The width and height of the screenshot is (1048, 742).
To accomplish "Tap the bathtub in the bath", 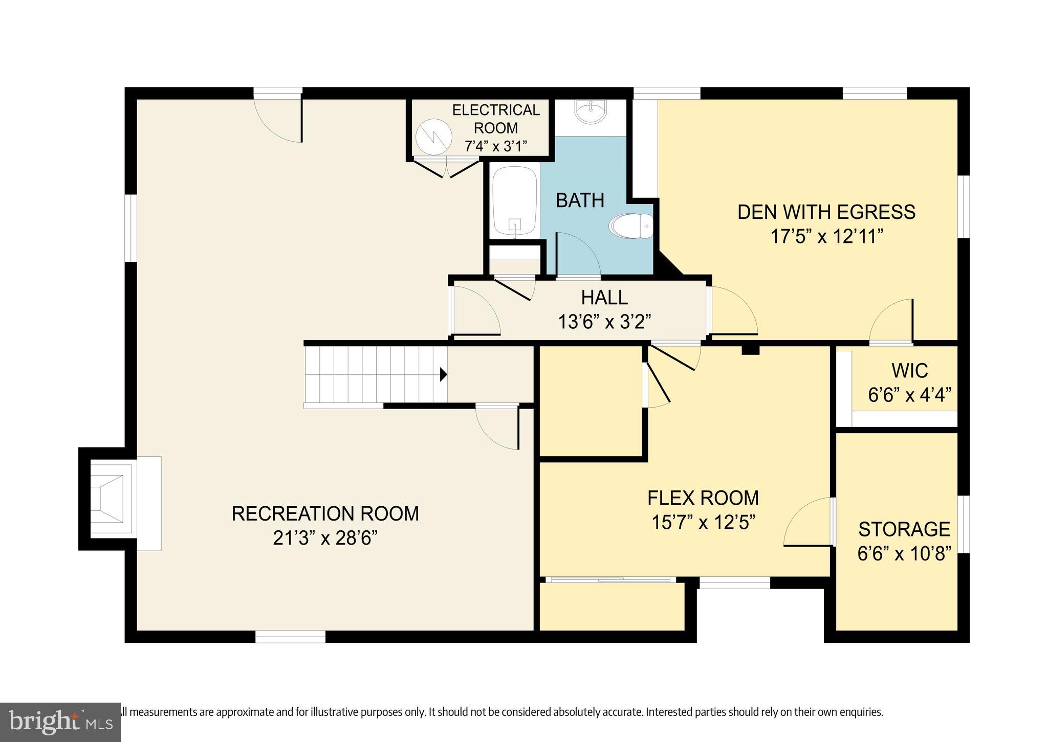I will pyautogui.click(x=514, y=202).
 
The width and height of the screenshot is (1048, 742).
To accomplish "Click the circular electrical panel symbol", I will pyautogui.click(x=434, y=137).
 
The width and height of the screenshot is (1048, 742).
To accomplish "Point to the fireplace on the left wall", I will pyautogui.click(x=108, y=499).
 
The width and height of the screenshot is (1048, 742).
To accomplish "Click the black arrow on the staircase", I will pyautogui.click(x=443, y=375).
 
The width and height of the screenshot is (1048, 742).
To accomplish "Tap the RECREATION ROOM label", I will pyautogui.click(x=325, y=513).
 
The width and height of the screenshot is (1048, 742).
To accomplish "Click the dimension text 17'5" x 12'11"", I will pyautogui.click(x=827, y=236).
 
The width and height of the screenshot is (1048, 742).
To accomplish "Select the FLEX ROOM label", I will pyautogui.click(x=703, y=498).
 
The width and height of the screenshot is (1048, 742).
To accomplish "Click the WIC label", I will pyautogui.click(x=909, y=371).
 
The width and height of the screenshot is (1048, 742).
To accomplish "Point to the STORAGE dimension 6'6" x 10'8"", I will pyautogui.click(x=904, y=554).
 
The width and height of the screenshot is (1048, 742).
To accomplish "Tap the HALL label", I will pyautogui.click(x=604, y=298).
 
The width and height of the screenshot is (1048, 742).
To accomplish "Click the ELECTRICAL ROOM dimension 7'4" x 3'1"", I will pyautogui.click(x=495, y=146).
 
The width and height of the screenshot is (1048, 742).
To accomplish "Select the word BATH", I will pyautogui.click(x=580, y=200).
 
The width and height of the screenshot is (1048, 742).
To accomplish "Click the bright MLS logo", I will pyautogui.click(x=60, y=722).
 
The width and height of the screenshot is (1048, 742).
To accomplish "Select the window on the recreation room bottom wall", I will pyautogui.click(x=290, y=637).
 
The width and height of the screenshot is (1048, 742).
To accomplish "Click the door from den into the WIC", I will pyautogui.click(x=891, y=322).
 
